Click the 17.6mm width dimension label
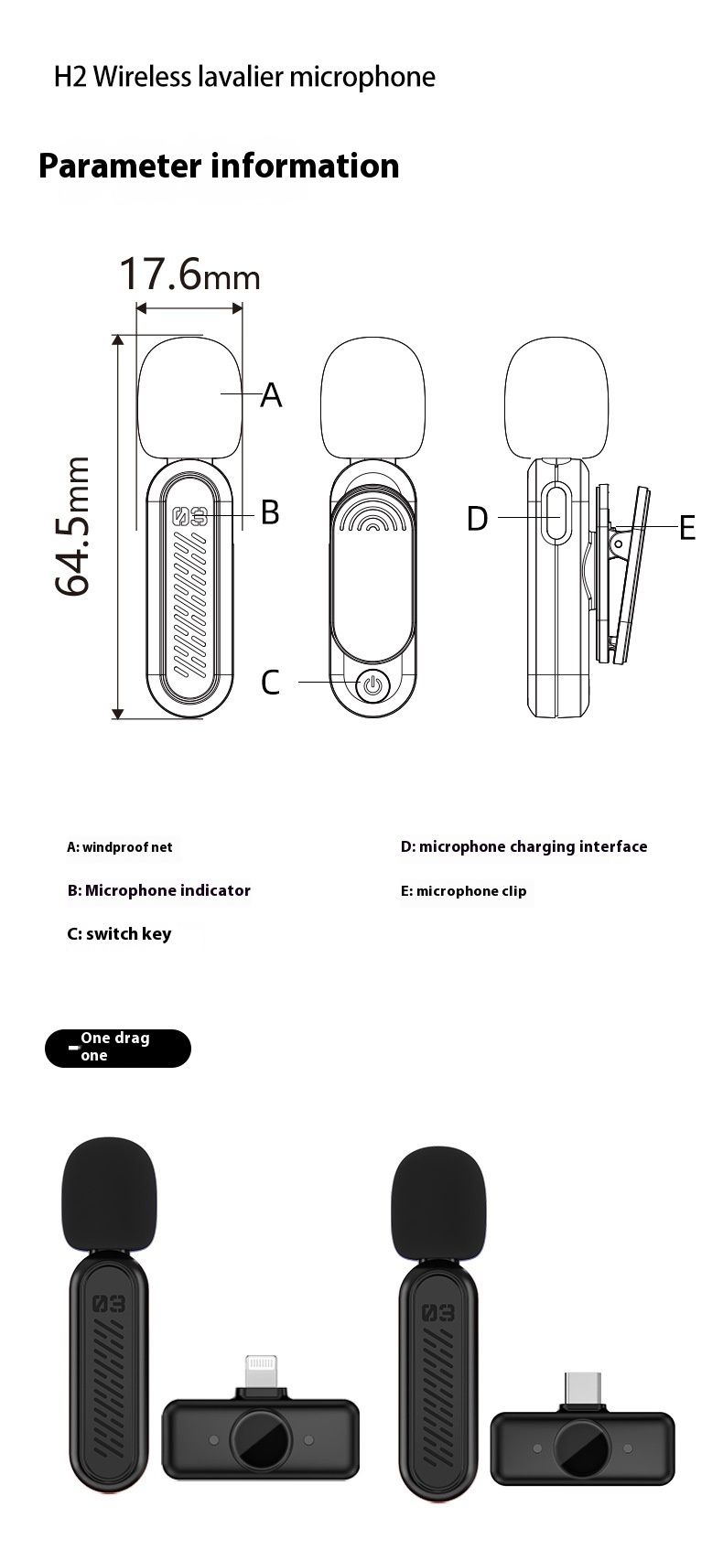point(189,274)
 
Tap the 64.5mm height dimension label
point(72,526)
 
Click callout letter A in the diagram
point(271,395)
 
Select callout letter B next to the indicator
point(271,512)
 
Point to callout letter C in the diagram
point(271,683)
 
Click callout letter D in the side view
point(478,518)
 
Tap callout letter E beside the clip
point(687,528)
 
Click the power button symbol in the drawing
point(372,685)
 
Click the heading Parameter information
point(219,167)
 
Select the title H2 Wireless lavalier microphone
point(245,76)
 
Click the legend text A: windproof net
point(120,847)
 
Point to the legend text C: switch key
point(119,934)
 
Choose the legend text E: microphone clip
point(464,891)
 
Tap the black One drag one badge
point(118,1049)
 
